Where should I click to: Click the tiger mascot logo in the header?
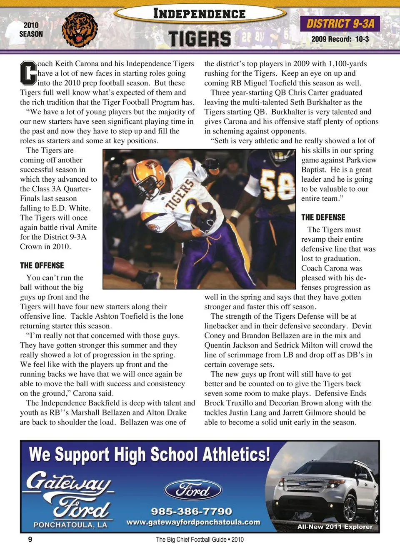pos(80,29)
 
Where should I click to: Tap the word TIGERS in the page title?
pos(200,39)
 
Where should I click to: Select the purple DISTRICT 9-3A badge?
pos(340,23)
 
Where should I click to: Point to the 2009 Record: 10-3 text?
pos(340,39)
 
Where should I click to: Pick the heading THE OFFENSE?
pos(42,265)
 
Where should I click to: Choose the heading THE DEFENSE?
pos(323,217)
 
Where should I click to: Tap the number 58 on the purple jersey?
pos(277,186)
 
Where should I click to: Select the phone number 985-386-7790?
pos(191,511)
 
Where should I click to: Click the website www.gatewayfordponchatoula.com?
pos(193,522)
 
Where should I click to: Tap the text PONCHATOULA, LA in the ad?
pos(70,525)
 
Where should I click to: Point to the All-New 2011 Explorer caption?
pos(335,527)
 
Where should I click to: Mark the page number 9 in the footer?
pos(30,540)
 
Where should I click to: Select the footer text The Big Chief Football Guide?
pos(191,540)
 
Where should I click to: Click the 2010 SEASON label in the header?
pos(31,30)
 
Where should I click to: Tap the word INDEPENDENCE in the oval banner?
pos(199,14)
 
